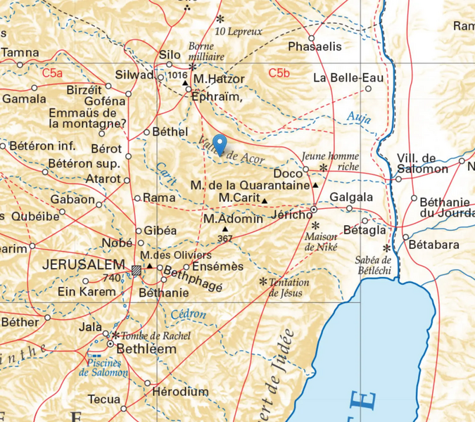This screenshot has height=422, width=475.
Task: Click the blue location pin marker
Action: [x=220, y=143]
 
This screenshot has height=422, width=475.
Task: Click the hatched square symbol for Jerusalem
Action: [x=137, y=269]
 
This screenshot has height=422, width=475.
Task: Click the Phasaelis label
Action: [x=315, y=46]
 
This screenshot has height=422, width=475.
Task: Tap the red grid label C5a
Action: [x=52, y=72]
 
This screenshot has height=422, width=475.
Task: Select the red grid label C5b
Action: [x=279, y=72]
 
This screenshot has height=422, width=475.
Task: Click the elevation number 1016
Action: [x=177, y=75]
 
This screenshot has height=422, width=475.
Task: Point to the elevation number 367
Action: [x=225, y=238]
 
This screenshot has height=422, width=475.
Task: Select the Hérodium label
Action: [x=181, y=391]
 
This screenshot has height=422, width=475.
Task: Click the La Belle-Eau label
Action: [x=348, y=77]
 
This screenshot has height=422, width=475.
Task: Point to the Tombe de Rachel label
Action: [x=156, y=336]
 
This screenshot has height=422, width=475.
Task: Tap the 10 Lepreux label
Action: [x=239, y=32]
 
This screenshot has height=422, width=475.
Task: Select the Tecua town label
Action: [x=103, y=399]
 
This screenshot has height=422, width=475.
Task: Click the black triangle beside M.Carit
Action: [x=265, y=201]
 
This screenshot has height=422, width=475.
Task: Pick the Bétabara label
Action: [x=433, y=245]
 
